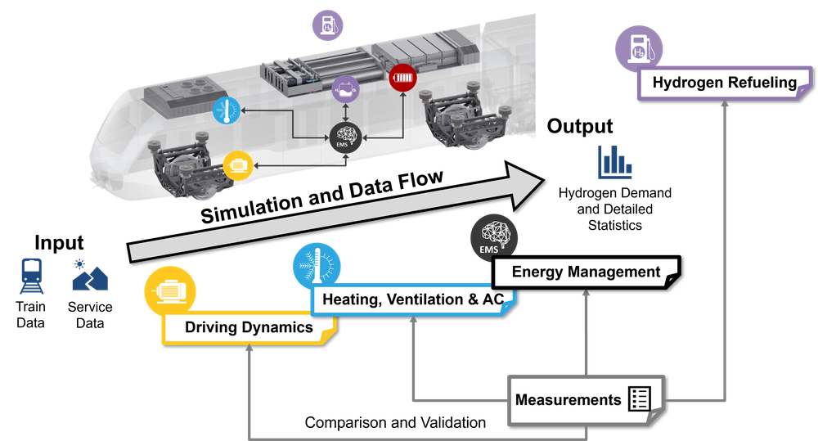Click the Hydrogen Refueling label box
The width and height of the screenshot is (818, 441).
tap(724, 83)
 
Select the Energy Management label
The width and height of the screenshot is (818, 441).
tap(586, 272)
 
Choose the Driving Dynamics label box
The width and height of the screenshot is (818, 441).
tap(249, 328)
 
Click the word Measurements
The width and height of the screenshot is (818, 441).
tap(568, 400)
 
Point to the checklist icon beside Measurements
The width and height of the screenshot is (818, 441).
tap(639, 399)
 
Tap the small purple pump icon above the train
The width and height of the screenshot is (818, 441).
tap(327, 25)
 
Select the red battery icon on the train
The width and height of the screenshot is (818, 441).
tap(402, 79)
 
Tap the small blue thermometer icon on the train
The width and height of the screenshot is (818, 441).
tap(226, 110)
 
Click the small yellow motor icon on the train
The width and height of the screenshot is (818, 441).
tap(238, 164)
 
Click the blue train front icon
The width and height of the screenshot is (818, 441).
tap(33, 275)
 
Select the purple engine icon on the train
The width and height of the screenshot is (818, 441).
tap(345, 88)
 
